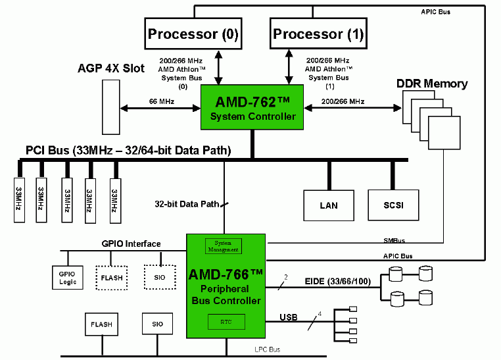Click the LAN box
(329, 205)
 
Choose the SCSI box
(393, 205)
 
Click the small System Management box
(223, 246)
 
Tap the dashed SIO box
(159, 277)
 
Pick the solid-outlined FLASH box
(101, 324)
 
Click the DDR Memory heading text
(432, 84)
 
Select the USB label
(289, 318)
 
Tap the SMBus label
(393, 240)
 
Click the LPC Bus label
(267, 349)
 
